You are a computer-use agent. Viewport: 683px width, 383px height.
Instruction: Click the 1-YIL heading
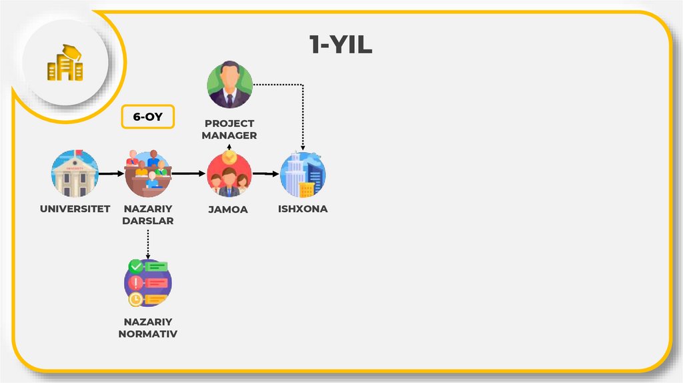point(340,45)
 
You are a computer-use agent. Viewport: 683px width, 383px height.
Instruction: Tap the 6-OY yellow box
point(147,116)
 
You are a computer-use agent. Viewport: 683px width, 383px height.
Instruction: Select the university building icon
point(75,173)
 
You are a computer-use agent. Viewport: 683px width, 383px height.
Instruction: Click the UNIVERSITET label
point(75,210)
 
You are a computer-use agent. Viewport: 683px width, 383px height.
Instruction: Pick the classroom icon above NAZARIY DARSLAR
point(148,173)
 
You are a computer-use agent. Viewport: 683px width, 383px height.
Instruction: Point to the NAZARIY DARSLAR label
point(148,215)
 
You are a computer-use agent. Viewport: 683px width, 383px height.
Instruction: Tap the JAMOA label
point(227,210)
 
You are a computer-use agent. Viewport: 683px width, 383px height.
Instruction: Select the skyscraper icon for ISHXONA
point(303,174)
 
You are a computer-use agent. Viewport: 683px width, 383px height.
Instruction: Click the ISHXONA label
point(303,210)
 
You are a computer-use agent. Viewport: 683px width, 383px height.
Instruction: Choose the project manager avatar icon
point(229,85)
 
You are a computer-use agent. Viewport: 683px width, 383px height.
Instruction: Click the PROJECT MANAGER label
point(230,129)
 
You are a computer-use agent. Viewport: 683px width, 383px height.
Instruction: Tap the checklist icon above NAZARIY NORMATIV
point(148,283)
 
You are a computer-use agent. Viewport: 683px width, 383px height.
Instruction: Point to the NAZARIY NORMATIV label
point(148,328)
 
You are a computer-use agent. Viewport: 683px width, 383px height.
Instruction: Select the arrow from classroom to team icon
point(189,173)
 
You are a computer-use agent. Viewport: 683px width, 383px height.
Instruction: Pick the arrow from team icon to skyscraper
point(265,174)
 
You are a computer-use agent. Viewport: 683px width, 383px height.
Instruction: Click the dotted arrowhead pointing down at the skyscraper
point(303,147)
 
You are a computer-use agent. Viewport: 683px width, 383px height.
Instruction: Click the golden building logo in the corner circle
point(65,63)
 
